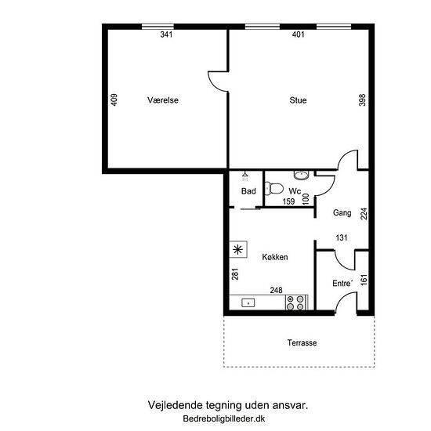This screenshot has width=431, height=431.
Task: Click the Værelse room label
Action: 163,100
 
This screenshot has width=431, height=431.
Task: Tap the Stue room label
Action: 298,100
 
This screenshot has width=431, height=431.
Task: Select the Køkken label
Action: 275,257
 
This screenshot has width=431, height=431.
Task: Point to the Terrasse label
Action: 302,342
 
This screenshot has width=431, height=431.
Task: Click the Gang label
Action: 342,212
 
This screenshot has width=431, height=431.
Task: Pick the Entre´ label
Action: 342,283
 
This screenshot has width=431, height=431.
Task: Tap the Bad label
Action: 248,191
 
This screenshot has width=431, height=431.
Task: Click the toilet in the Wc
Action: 274,189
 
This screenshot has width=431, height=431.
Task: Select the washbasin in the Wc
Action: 302,175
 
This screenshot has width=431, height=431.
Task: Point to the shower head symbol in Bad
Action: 245,176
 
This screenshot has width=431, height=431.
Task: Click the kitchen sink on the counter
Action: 248,303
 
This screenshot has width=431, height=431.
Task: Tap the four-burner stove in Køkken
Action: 295,302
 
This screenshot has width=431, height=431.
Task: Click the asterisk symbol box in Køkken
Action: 238,249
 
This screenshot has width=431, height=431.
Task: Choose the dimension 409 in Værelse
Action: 114,100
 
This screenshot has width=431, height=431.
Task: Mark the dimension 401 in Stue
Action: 299,34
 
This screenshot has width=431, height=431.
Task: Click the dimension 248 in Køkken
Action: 277,290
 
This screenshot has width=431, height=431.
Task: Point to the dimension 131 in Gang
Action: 342,237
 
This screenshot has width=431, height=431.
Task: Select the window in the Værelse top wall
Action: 158,27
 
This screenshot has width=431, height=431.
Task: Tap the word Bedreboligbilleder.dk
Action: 224,418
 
